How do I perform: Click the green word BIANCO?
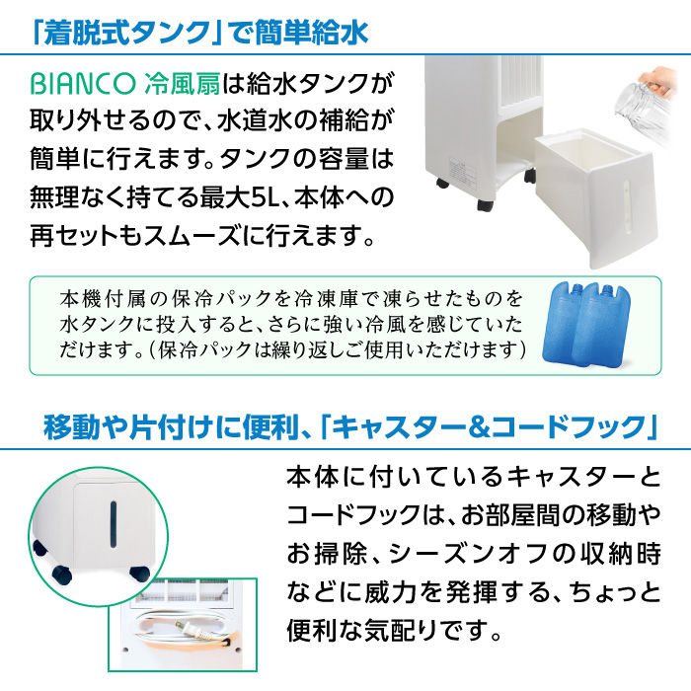[82, 83]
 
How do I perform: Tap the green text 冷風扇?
[182, 83]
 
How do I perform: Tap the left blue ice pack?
[568, 324]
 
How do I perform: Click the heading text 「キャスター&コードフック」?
[489, 426]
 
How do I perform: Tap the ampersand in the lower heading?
[479, 427]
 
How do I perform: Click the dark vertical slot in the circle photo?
[114, 524]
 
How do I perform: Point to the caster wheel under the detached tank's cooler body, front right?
[485, 205]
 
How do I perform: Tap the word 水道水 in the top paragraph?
[255, 119]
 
